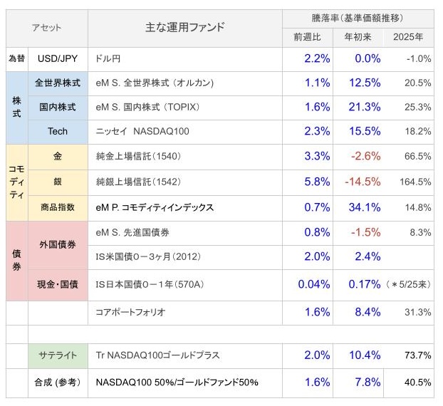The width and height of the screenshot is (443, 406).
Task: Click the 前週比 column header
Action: point(307,37)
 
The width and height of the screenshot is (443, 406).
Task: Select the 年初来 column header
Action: point(358,37)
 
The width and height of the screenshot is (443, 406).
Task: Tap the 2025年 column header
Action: point(408,37)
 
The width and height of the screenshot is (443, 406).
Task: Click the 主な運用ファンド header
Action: point(184,27)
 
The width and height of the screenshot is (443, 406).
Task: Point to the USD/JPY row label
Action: point(58,58)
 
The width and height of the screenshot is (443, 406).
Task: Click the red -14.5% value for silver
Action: point(363,182)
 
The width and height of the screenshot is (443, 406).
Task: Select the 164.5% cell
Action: point(415,182)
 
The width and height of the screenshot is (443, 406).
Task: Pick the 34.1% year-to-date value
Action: point(365,207)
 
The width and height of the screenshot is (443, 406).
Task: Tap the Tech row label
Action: point(58,131)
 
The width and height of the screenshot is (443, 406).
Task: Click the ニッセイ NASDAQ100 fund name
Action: point(142,131)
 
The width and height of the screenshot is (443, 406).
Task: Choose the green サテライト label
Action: point(58,355)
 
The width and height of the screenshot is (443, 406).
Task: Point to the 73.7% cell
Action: point(418,355)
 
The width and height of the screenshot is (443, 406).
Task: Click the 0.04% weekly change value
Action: point(314,284)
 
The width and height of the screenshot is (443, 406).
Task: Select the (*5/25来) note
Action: point(409,284)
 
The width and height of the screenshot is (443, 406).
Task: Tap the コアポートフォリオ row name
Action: point(130,312)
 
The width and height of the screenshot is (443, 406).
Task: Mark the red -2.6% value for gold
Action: point(365,156)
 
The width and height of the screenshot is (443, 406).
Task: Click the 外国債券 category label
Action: point(58,245)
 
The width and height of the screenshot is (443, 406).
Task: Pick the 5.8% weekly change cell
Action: point(317,182)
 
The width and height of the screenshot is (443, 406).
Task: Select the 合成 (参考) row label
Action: point(58,382)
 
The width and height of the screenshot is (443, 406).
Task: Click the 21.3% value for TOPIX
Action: point(365,107)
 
